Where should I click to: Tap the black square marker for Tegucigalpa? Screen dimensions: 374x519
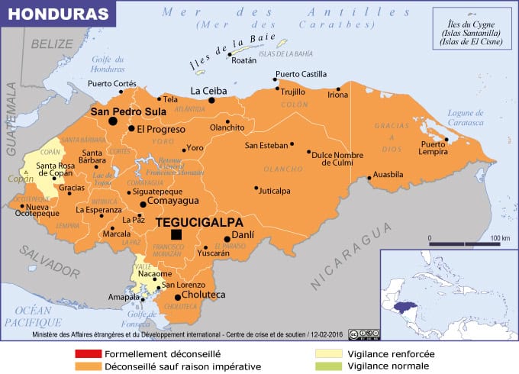(x=177, y=235)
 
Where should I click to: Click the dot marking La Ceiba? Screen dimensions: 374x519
(x=212, y=99)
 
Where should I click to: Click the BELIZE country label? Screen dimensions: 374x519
(x=51, y=44)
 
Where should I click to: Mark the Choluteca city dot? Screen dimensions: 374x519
(x=178, y=297)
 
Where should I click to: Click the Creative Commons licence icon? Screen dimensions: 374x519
(x=366, y=334)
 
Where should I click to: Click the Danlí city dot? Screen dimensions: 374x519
(x=227, y=239)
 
